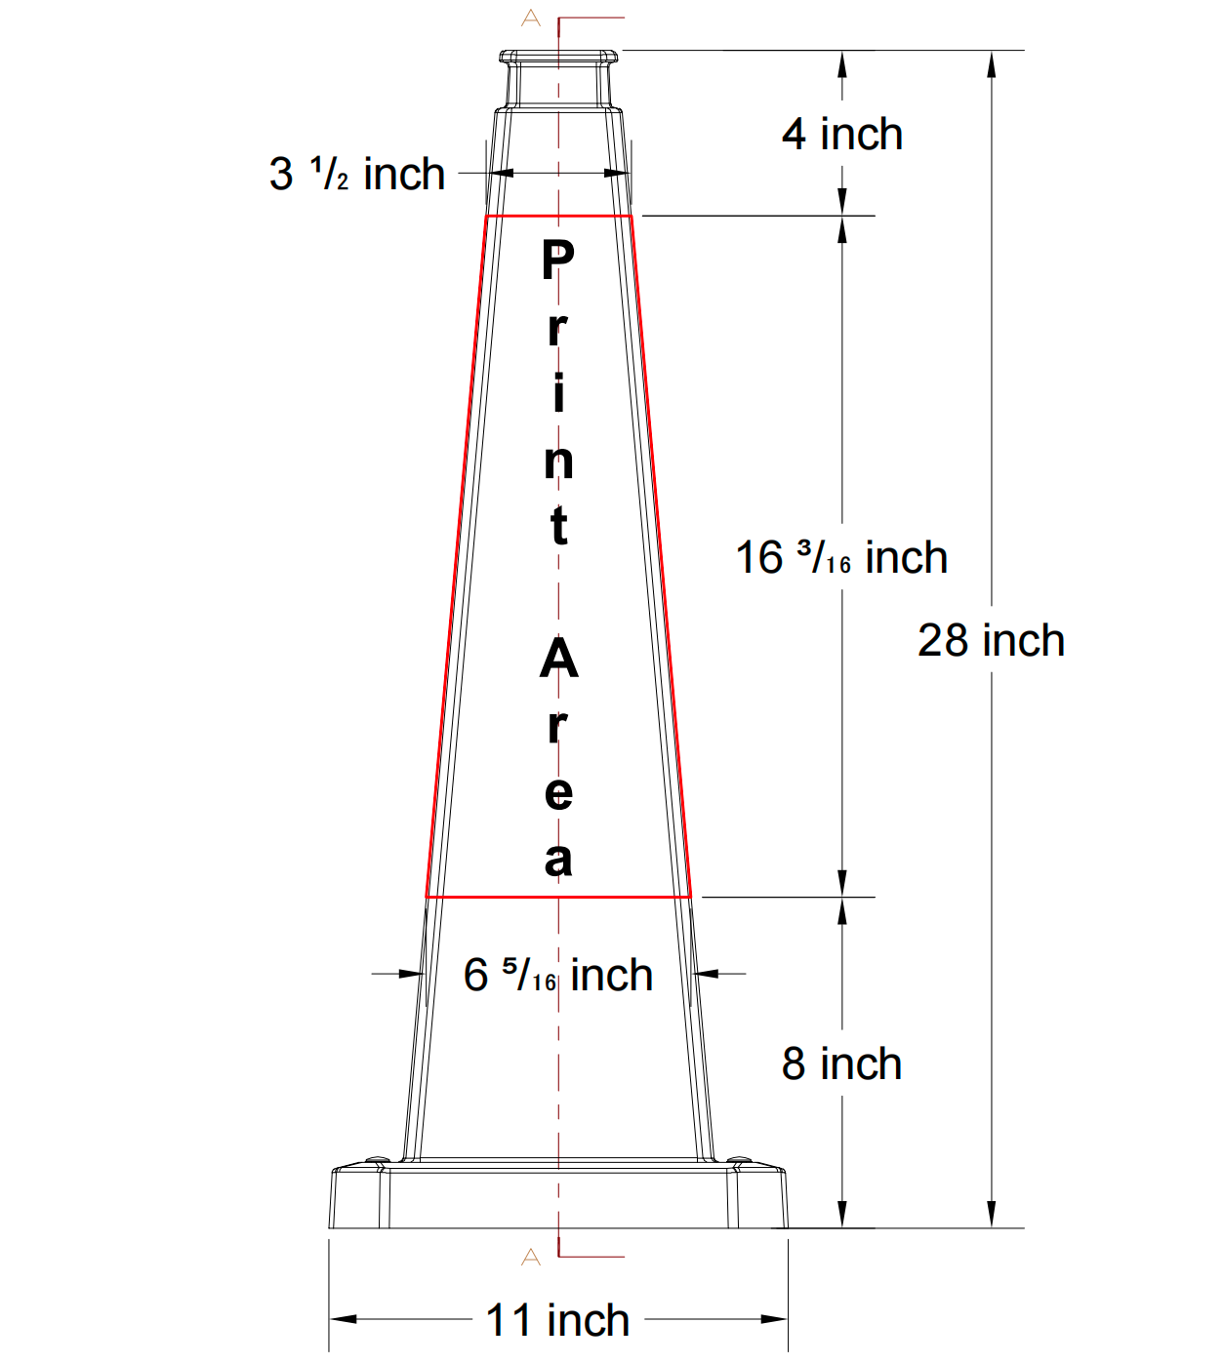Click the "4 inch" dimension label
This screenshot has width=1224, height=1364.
pyautogui.click(x=841, y=135)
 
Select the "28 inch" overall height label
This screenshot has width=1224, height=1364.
pyautogui.click(x=991, y=641)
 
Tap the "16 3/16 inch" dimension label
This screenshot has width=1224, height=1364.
pyautogui.click(x=841, y=558)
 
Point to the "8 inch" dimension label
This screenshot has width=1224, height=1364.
pyautogui.click(x=841, y=1064)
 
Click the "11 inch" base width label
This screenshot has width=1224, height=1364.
pyautogui.click(x=557, y=1320)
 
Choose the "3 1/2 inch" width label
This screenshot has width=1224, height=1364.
pyautogui.click(x=357, y=175)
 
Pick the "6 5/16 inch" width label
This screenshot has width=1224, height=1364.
pyautogui.click(x=557, y=975)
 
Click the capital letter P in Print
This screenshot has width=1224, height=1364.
pyautogui.click(x=558, y=261)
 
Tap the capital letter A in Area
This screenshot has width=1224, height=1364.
pyautogui.click(x=558, y=660)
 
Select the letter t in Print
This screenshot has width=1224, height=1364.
pyautogui.click(x=558, y=526)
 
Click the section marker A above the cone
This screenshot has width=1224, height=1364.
pyautogui.click(x=531, y=18)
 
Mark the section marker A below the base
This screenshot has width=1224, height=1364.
pyautogui.click(x=531, y=1257)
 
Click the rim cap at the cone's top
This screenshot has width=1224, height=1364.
pyautogui.click(x=558, y=57)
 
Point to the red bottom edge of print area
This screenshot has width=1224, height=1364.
pyautogui.click(x=558, y=896)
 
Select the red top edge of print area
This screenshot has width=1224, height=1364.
pyautogui.click(x=558, y=217)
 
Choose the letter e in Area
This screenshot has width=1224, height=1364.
pyautogui.click(x=558, y=793)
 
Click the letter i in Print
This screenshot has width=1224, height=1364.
pyautogui.click(x=558, y=393)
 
